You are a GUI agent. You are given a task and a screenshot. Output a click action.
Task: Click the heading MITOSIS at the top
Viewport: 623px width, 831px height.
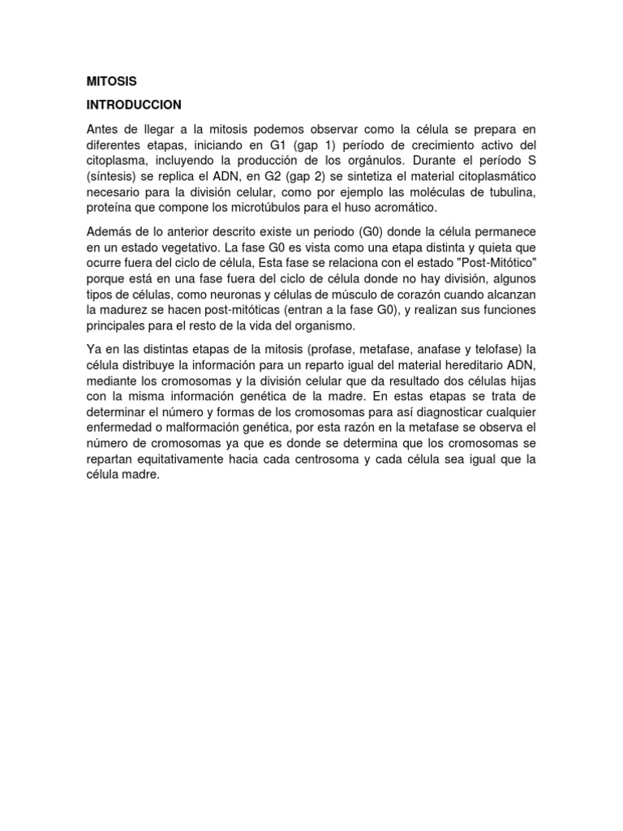point(111,81)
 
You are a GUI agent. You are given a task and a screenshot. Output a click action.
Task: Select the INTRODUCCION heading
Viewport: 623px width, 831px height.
point(134,105)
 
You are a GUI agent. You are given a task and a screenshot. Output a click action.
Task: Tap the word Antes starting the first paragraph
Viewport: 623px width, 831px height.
point(103,130)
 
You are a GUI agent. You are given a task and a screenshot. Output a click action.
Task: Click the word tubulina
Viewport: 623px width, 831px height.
point(507,192)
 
